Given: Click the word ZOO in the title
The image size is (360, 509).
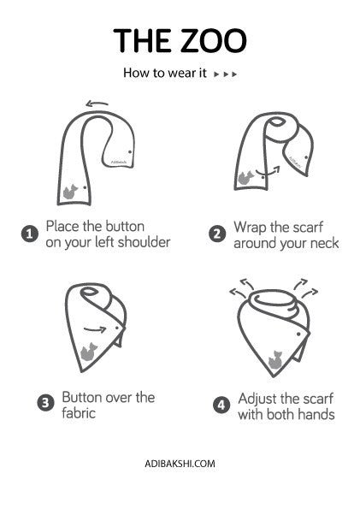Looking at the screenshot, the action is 210,40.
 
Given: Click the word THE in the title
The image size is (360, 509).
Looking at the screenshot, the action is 141,40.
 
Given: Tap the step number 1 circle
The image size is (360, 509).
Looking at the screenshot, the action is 30,234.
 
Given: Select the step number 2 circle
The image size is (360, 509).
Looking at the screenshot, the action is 217,234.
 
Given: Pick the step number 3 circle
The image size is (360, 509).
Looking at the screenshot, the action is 46,403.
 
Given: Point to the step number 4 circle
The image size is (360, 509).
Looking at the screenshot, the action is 221,405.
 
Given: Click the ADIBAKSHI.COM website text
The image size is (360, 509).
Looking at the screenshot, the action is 180,463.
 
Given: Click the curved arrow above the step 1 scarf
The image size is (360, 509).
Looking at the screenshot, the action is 97,104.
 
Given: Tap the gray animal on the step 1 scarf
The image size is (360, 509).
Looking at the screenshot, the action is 70,192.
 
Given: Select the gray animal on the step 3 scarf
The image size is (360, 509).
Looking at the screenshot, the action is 89,352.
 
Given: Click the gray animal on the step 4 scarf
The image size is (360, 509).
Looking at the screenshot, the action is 275,359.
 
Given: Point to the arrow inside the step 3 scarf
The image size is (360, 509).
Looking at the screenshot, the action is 95,330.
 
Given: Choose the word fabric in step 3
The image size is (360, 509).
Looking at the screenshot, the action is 79,413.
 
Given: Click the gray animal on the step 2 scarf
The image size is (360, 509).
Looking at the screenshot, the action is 245,178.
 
